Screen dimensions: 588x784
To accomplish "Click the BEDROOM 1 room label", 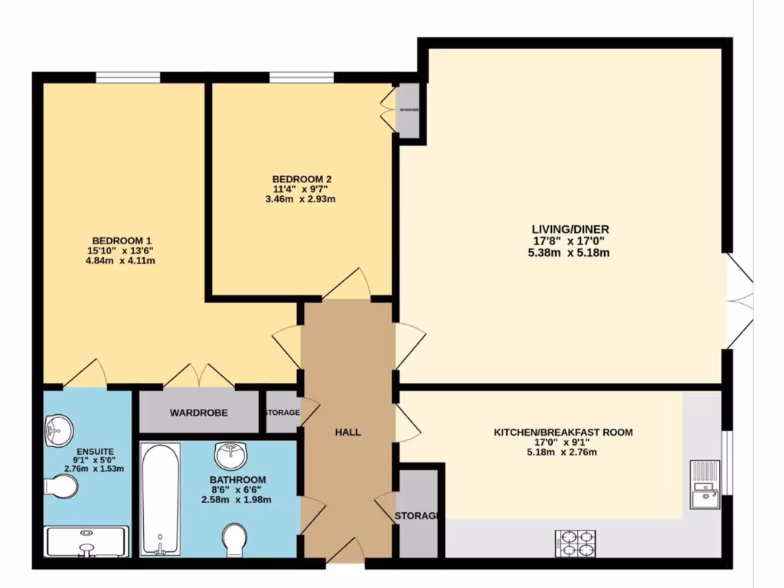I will point(117,239).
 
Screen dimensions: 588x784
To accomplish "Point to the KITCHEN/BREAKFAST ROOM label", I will point(563,433).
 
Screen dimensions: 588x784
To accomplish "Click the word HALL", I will point(348,433).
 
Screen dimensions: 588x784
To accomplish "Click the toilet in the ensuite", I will point(61,485).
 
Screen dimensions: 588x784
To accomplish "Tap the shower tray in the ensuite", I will point(86,541).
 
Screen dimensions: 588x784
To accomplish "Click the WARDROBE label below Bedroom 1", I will point(198,413).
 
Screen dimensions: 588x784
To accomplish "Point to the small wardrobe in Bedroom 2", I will point(409,110).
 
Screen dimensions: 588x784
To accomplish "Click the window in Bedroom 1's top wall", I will point(128,77).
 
